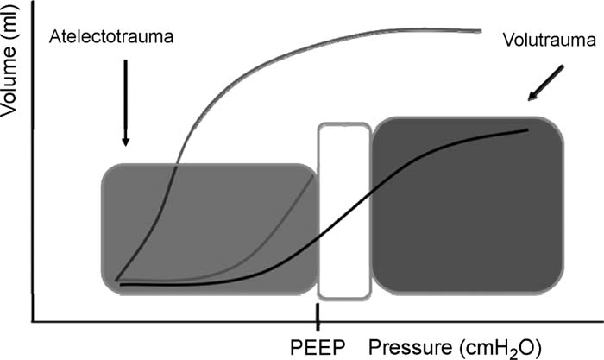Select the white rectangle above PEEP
344,211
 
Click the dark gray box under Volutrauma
467,207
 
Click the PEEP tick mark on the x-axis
318,315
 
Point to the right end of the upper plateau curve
480,31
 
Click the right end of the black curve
527,129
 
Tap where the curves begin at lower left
116,281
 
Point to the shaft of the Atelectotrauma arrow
125,95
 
